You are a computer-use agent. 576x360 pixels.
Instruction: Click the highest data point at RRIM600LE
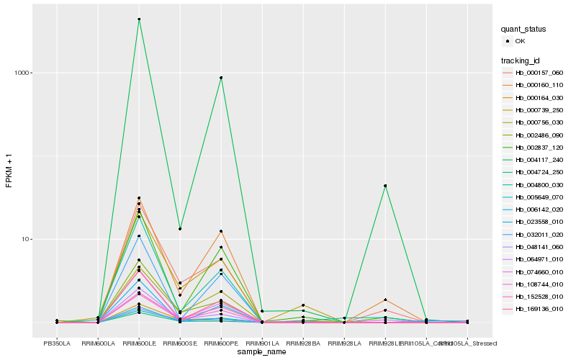[x=139, y=19]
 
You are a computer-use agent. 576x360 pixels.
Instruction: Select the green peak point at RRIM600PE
[x=221, y=78]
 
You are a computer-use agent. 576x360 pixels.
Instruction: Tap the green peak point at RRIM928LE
[x=385, y=186]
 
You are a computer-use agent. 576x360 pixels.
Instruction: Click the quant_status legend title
[x=523, y=29]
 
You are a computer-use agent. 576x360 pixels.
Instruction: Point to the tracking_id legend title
[x=521, y=60]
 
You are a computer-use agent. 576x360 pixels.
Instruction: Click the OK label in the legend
[x=521, y=41]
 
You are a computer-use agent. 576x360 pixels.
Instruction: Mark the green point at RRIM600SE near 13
[x=180, y=229]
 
